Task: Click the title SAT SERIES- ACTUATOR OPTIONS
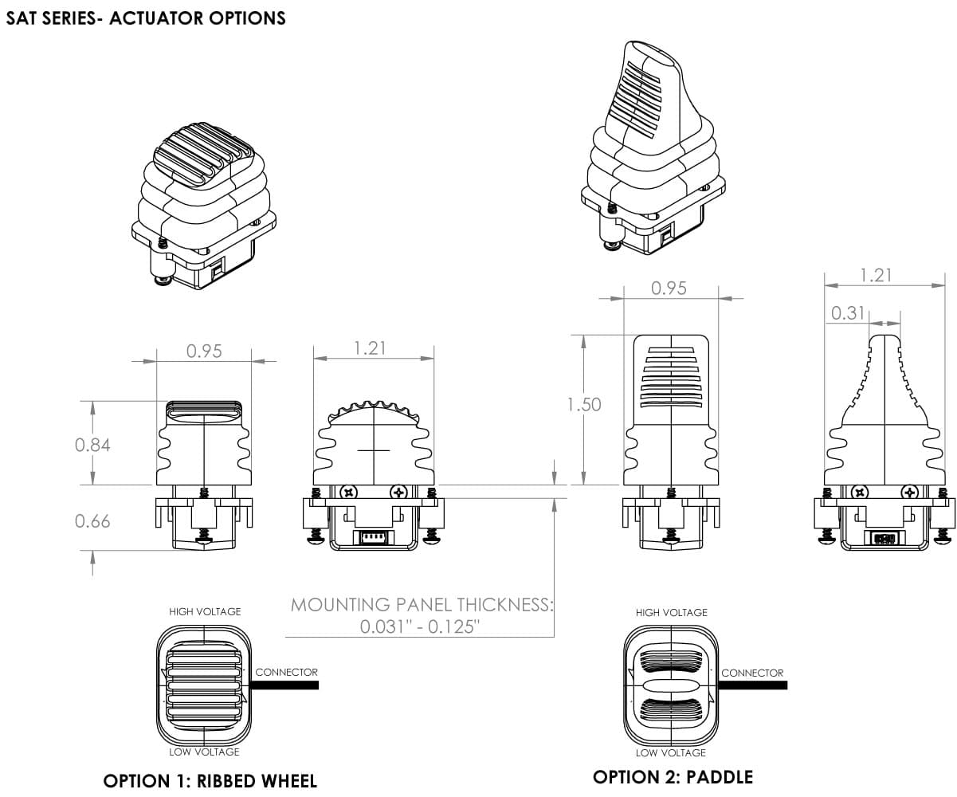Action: pyautogui.click(x=146, y=18)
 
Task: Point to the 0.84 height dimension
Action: pyautogui.click(x=92, y=445)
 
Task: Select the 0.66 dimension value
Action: pyautogui.click(x=92, y=521)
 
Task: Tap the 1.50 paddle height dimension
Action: pyautogui.click(x=584, y=404)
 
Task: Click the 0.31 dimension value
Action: pyautogui.click(x=848, y=313)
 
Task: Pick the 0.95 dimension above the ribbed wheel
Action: pyautogui.click(x=204, y=351)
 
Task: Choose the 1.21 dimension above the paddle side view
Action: pyautogui.click(x=876, y=276)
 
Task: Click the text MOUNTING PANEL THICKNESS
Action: pyautogui.click(x=422, y=605)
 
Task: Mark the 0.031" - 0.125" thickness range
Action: pyautogui.click(x=419, y=626)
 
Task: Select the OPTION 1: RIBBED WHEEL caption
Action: pyautogui.click(x=210, y=781)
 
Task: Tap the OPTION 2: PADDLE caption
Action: pyautogui.click(x=673, y=777)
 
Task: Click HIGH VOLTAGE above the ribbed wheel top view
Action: pyautogui.click(x=205, y=611)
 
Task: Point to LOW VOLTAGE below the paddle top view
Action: pyautogui.click(x=671, y=752)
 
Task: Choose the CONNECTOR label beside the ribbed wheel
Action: pyautogui.click(x=286, y=672)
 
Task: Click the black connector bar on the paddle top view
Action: pyautogui.click(x=752, y=685)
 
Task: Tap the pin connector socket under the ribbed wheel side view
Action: pyautogui.click(x=373, y=537)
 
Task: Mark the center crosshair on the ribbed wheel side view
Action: pyautogui.click(x=374, y=450)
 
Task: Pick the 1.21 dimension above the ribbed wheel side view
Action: pyautogui.click(x=370, y=348)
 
